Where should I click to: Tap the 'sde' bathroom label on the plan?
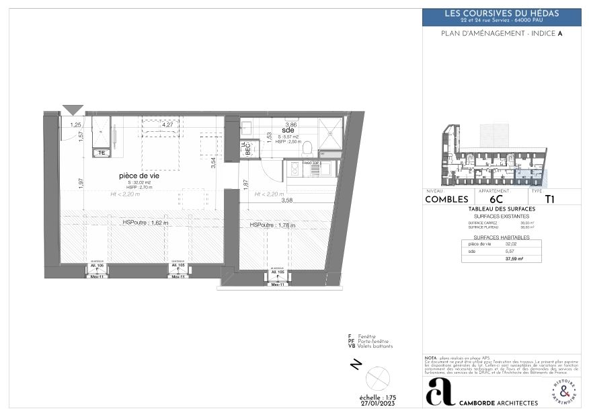288,130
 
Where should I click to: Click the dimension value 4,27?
167,125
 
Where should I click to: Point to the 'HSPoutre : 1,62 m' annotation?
145,223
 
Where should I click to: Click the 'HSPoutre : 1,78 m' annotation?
272,225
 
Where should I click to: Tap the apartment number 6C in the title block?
496,199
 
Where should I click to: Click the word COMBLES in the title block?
446,199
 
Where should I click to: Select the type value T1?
549,199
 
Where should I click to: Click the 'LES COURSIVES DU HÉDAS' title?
502,13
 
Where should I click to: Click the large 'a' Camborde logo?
440,391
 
